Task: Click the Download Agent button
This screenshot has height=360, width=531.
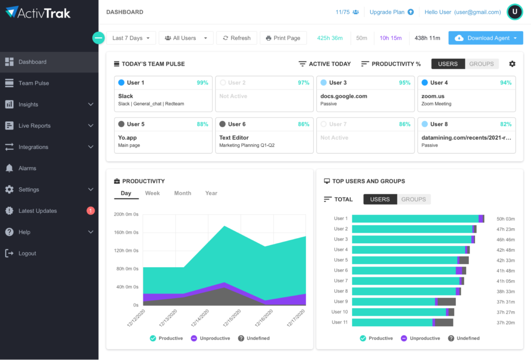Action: [x=485, y=38]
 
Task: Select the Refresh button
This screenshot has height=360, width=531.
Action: [x=236, y=38]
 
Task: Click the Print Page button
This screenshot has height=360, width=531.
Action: [x=283, y=38]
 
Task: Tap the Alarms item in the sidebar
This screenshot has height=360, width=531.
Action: [x=27, y=168]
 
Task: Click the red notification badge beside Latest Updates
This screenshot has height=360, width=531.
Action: [x=91, y=211]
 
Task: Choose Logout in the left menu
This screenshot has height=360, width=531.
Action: [x=27, y=253]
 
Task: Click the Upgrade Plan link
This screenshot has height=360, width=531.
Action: [x=392, y=12]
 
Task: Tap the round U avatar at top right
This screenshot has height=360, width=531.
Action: [x=514, y=12]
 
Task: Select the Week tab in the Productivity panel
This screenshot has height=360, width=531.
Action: [x=152, y=193]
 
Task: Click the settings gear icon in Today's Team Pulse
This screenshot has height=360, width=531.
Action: [x=512, y=64]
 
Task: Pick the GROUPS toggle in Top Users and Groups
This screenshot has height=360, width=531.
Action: [x=413, y=199]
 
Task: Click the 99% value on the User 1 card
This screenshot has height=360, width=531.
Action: [x=202, y=82]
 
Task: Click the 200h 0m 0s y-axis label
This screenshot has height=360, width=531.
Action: [x=126, y=214]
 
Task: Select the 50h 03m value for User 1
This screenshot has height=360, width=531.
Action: [x=505, y=219]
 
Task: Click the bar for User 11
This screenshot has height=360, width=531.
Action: [x=402, y=322]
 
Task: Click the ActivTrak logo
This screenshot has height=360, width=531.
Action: [x=39, y=12]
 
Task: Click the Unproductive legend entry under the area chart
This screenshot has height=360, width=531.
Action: [x=211, y=338]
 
